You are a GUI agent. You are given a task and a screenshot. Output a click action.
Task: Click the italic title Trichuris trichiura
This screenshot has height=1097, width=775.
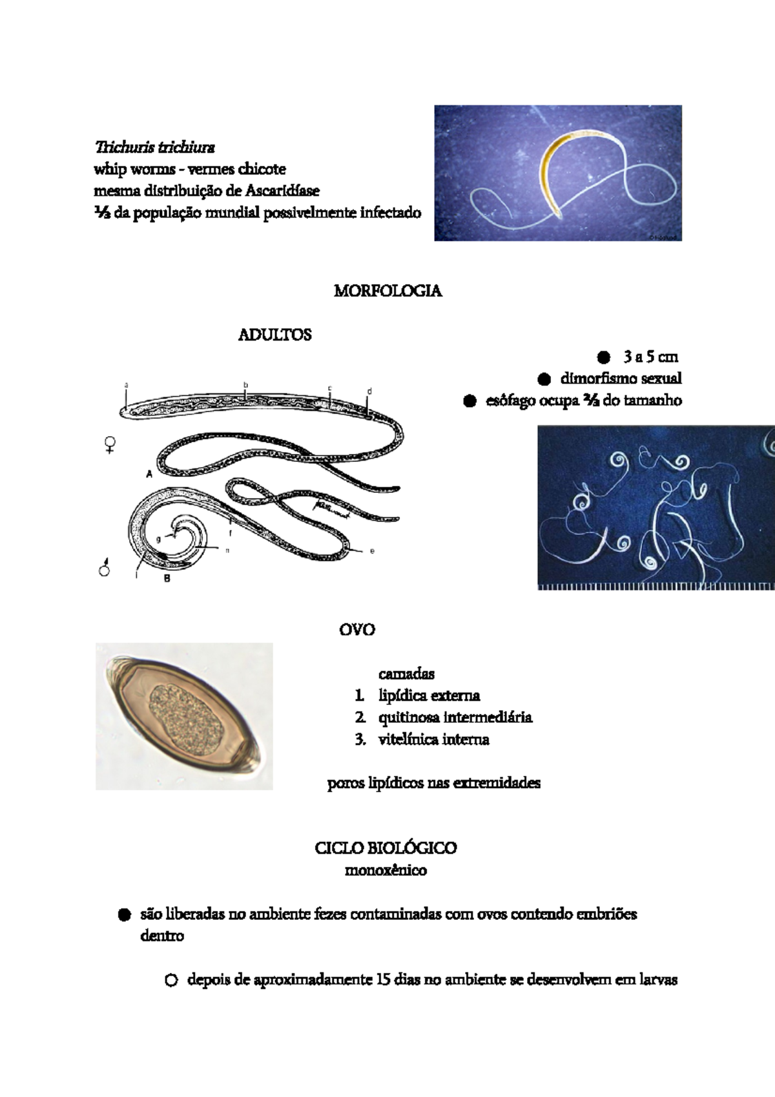pos(154,147)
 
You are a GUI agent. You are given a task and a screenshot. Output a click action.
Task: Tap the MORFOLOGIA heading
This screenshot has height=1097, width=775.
pos(387,291)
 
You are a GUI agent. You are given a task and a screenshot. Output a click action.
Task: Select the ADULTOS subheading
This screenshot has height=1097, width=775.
pos(275,335)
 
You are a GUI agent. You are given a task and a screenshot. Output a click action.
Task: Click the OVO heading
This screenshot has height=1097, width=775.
pos(357,629)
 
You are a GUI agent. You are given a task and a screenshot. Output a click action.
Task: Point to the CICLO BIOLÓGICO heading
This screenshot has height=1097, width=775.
pos(386,848)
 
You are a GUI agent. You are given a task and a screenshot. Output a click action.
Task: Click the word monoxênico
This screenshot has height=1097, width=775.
pos(386,870)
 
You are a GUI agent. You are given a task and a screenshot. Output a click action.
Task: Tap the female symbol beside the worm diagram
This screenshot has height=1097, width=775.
pos(110,444)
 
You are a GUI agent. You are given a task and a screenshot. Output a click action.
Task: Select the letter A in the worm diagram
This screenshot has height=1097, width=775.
pos(149,474)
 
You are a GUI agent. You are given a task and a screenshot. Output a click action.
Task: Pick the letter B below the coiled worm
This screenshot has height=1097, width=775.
pos(167,579)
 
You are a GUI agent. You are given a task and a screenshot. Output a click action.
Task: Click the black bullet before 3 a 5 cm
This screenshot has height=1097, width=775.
pos(603,357)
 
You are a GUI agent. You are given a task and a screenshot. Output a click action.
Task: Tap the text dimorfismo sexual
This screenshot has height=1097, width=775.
pos(621,379)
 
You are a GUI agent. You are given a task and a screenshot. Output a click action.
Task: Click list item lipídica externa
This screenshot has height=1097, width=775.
pos(429,696)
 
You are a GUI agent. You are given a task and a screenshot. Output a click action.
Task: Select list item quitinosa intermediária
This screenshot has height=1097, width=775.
pos(455,718)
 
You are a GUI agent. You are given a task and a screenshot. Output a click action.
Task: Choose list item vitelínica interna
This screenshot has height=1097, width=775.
pos(433,740)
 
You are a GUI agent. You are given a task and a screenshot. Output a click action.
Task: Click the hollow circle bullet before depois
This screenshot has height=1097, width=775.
pos(170,980)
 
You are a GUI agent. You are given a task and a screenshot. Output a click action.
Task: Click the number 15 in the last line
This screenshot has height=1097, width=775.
pos(383,980)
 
